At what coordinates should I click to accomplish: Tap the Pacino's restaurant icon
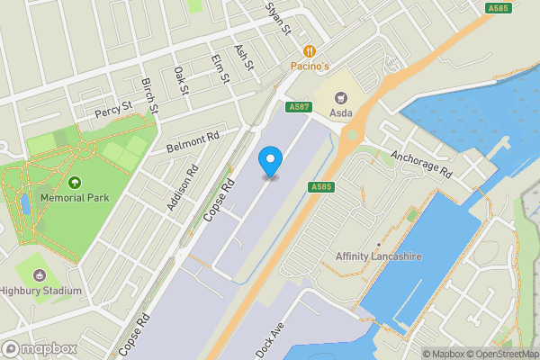(310, 51)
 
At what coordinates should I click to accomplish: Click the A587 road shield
(299, 107)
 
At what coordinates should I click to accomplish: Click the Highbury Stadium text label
(40, 291)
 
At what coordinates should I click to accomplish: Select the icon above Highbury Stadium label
(40, 274)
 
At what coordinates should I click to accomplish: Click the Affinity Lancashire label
(379, 256)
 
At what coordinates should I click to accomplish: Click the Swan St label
(278, 17)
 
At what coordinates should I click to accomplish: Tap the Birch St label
(149, 94)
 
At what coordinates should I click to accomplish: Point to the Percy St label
(114, 112)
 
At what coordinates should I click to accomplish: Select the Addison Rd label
(181, 188)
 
